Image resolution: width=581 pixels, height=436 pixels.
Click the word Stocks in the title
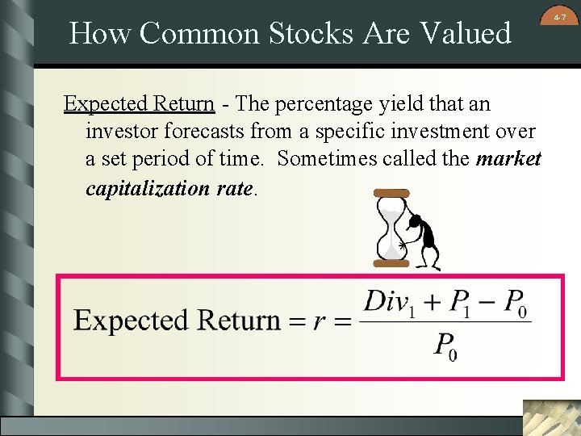click(307, 34)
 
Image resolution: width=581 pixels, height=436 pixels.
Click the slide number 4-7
click(560, 15)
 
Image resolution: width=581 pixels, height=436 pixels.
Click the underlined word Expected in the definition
click(104, 104)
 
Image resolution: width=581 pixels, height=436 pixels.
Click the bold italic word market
click(508, 159)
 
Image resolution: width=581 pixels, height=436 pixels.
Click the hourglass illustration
click(391, 228)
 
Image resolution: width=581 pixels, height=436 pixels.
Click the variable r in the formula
click(320, 321)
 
